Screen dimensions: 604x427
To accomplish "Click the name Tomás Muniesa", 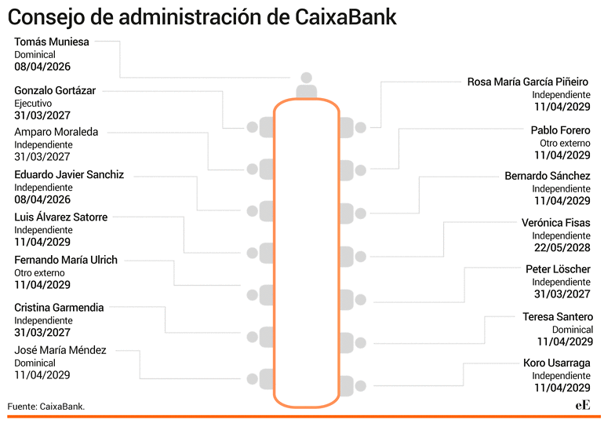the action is [52, 42].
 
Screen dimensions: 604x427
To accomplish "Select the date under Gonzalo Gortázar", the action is [42, 115].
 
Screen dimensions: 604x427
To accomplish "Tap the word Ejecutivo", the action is [33, 104].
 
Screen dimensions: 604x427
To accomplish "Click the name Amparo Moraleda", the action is [56, 132].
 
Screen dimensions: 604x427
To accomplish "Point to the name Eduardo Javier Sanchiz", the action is [69, 174].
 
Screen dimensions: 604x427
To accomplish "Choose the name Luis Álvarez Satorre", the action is [61, 217].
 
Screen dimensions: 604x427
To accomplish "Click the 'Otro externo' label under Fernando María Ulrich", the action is [39, 273].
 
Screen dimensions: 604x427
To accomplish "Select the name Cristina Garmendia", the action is [59, 308].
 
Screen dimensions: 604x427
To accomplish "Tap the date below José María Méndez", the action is [42, 375].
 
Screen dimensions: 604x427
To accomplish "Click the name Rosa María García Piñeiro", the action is [528, 82].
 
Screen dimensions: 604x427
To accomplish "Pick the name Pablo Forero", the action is [561, 130].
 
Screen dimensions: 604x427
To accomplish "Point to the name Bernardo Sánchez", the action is [548, 176].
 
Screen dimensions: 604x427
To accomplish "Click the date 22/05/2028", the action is [562, 247].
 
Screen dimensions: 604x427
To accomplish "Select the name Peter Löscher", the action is [558, 269].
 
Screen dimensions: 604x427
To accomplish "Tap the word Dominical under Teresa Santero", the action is [573, 330].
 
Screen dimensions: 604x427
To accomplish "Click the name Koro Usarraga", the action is [557, 363].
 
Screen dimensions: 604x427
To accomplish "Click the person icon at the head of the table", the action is [306, 86].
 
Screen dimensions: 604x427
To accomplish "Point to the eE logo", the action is [583, 406].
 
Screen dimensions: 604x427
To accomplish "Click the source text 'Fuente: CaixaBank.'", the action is [45, 406].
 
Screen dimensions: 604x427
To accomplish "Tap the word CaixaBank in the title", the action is [346, 17].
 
